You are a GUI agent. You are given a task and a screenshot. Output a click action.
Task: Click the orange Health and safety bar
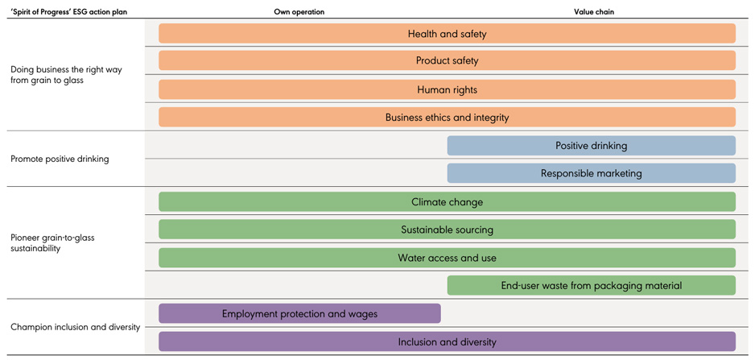[447, 34]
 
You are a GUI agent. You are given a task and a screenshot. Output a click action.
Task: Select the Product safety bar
[447, 61]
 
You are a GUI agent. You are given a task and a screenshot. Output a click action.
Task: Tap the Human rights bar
[447, 89]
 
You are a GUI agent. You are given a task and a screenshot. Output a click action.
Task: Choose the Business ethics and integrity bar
[447, 118]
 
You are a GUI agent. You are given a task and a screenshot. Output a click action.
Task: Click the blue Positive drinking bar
[591, 146]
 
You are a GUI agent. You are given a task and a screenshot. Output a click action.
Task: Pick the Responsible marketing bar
[591, 173]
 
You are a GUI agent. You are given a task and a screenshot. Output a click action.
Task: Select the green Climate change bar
[447, 202]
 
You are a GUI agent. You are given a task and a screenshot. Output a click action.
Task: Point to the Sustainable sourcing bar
[447, 230]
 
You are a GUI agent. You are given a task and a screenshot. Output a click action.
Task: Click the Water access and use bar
[447, 258]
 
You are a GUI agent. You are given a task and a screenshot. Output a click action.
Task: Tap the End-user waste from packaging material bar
[591, 285]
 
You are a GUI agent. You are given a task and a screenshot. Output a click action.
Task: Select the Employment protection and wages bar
[299, 313]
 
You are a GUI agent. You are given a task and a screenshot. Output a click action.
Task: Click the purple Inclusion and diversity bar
[447, 341]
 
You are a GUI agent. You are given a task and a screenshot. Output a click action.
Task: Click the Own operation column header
[299, 12]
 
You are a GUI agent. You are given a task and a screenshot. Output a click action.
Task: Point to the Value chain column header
[594, 12]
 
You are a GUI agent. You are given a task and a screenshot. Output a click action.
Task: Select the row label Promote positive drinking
[60, 159]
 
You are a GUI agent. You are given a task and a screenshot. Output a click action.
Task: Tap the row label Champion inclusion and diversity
[75, 327]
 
